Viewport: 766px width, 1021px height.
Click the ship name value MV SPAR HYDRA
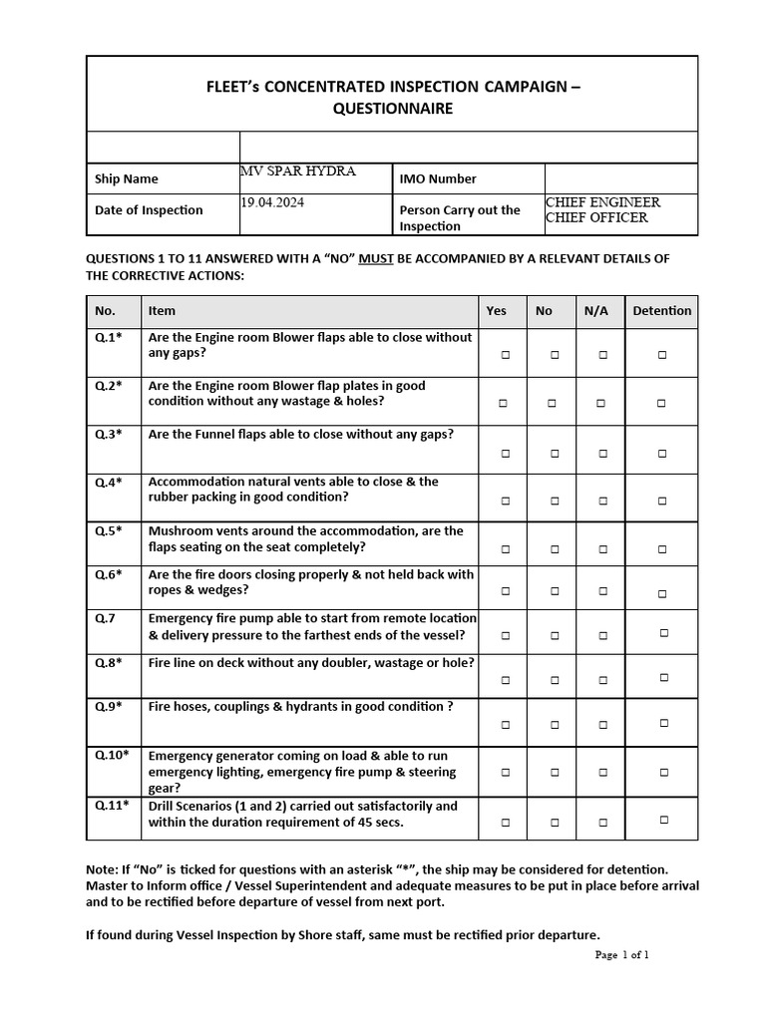(298, 171)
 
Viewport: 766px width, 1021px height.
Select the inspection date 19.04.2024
(272, 202)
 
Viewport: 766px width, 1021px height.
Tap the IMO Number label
(438, 179)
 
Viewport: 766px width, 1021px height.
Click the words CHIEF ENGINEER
(602, 202)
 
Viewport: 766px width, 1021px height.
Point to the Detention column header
(661, 311)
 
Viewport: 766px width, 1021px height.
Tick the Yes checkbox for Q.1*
(506, 355)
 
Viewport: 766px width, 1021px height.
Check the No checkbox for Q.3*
(555, 453)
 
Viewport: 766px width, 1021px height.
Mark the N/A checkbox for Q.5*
(602, 548)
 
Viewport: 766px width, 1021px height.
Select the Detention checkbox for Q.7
(663, 632)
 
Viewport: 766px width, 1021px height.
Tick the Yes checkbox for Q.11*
(506, 823)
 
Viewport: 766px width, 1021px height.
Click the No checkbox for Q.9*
(555, 726)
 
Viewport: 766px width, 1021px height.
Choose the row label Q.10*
(111, 755)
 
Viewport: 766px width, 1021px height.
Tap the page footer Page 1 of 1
(621, 954)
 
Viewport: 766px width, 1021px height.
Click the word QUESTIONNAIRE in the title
(392, 109)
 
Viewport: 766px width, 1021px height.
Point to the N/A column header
(596, 311)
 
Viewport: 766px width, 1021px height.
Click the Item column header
(162, 311)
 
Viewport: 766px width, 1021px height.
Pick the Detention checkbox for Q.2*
(661, 404)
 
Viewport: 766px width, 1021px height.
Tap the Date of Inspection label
(149, 210)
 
